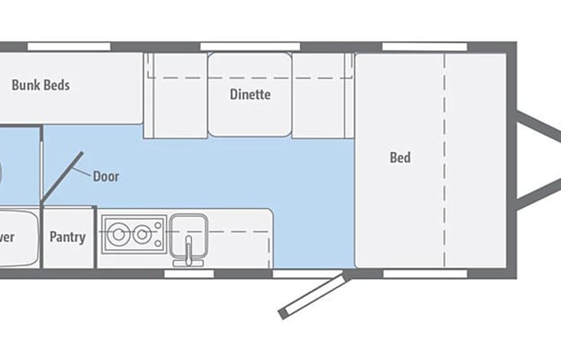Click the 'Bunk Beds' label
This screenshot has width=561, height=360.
[40, 85]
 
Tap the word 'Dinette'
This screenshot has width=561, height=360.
[250, 95]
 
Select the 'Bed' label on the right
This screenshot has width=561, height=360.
[400, 158]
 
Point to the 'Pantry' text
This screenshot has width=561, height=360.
[68, 237]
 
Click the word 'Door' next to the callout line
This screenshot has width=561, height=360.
[106, 176]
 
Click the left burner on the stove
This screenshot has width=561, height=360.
[118, 234]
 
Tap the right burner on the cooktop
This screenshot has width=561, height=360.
[141, 234]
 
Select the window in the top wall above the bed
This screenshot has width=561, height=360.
[414, 47]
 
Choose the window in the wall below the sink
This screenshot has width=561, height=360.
[189, 272]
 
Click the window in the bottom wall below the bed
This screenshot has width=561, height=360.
[414, 272]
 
